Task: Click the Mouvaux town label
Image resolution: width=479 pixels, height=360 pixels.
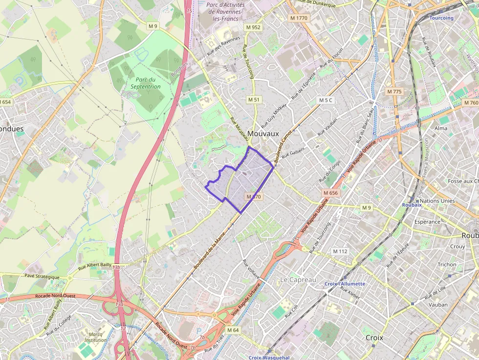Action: pos(263,133)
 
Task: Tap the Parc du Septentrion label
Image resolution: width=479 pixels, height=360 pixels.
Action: pos(145,83)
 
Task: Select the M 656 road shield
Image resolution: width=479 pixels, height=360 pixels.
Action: pos(330,193)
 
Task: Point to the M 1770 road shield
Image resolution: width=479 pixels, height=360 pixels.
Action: pos(299,18)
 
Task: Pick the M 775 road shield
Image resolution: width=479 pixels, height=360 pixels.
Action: pos(393,91)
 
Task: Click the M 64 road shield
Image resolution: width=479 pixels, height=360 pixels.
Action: pos(233,330)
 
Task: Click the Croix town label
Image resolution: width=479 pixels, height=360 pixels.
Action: pos(374,338)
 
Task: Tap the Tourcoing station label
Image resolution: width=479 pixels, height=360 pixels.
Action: pos(441,18)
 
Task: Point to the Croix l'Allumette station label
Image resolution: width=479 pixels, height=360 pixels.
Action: pos(345,284)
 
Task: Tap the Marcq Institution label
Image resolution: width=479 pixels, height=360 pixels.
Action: pos(95,337)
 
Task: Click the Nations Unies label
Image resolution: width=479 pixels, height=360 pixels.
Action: pos(437,201)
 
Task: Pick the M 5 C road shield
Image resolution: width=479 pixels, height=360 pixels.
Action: pos(325,100)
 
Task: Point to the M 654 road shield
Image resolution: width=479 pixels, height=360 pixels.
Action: pos(5,102)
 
